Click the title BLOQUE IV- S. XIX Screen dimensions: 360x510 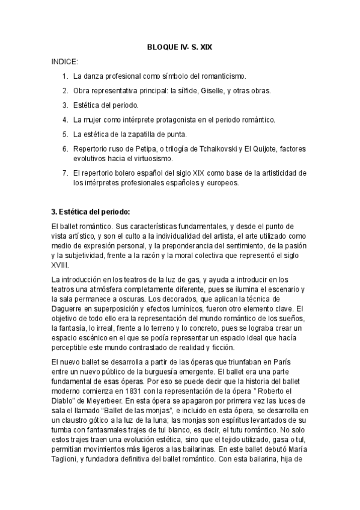point(180,46)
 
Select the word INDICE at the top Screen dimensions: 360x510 point(64,61)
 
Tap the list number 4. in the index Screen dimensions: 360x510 point(65,119)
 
